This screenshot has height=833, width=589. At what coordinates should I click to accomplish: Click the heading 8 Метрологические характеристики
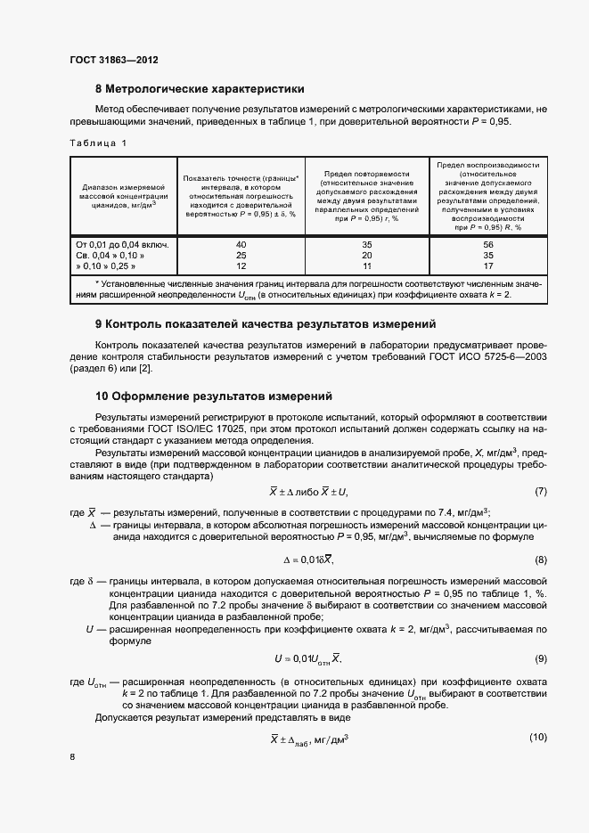pyautogui.click(x=200, y=89)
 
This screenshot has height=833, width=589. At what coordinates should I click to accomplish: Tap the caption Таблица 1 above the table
pyautogui.click(x=98, y=143)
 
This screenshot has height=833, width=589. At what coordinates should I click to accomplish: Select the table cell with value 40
pyautogui.click(x=241, y=243)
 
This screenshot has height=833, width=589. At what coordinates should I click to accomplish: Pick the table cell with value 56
pyautogui.click(x=487, y=243)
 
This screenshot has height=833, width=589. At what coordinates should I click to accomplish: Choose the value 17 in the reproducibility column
pyautogui.click(x=487, y=265)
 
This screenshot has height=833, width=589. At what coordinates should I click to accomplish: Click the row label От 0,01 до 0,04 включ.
pyautogui.click(x=123, y=243)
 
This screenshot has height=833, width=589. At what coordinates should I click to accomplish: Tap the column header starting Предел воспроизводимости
pyautogui.click(x=487, y=196)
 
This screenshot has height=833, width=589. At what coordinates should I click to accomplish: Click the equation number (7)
pyautogui.click(x=540, y=492)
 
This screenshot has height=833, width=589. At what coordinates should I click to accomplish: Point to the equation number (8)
pyautogui.click(x=540, y=559)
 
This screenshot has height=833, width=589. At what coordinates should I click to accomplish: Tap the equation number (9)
pyautogui.click(x=540, y=658)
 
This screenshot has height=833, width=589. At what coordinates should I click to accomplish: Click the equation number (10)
pyautogui.click(x=537, y=737)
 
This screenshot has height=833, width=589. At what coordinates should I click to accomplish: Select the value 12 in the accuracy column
pyautogui.click(x=241, y=265)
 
